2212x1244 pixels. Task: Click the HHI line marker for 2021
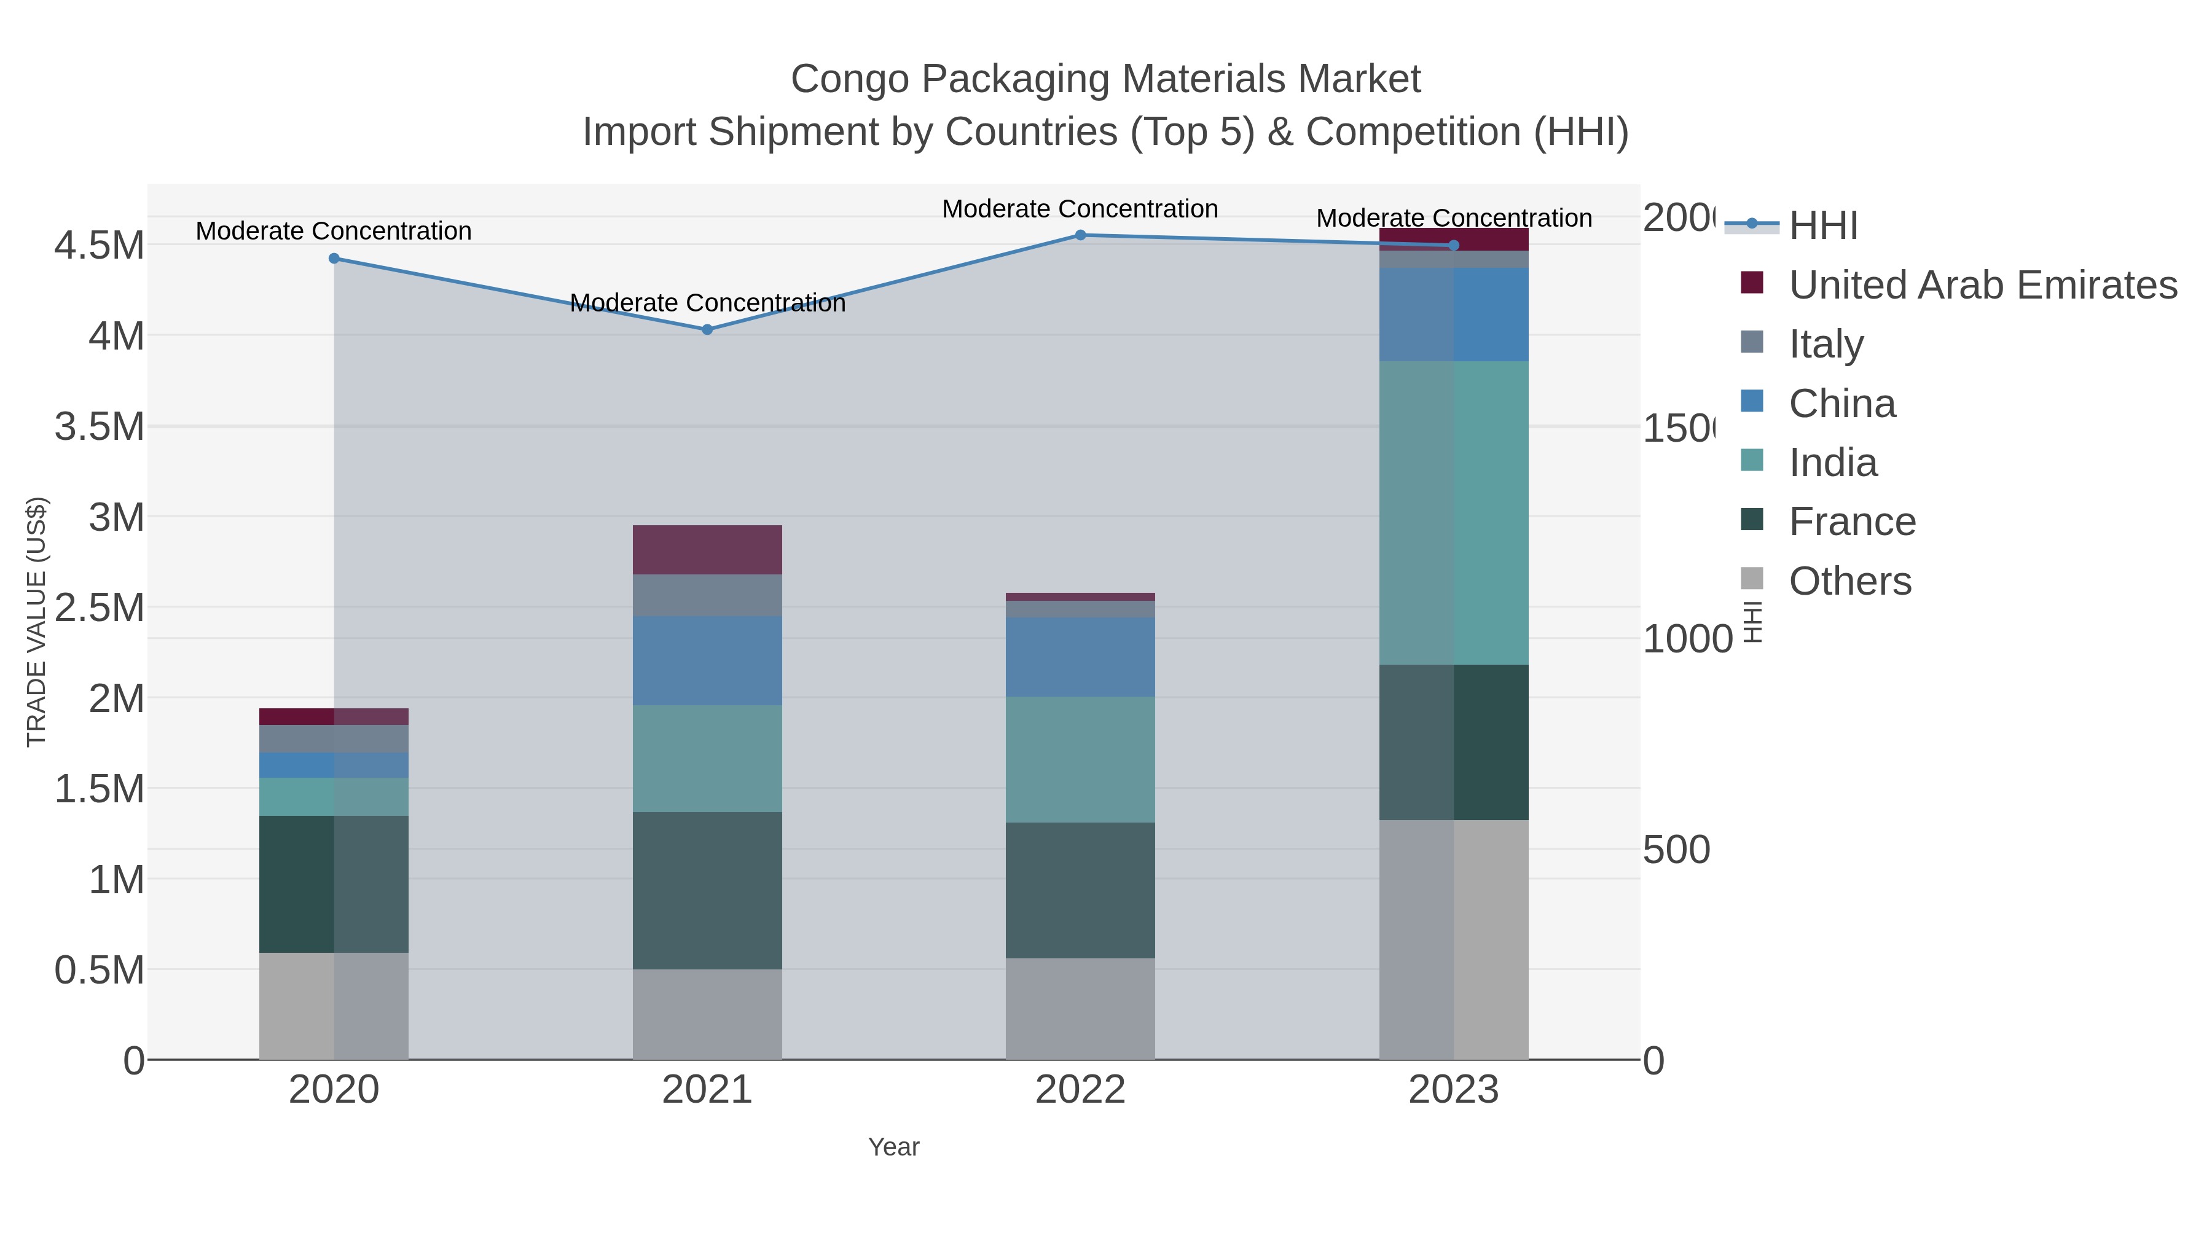pyautogui.click(x=707, y=330)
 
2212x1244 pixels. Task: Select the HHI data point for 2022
pyautogui.click(x=1080, y=235)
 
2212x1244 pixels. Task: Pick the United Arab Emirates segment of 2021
pyautogui.click(x=707, y=549)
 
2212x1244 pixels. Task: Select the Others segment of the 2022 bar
pyautogui.click(x=1080, y=1009)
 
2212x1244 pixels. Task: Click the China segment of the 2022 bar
pyautogui.click(x=1080, y=657)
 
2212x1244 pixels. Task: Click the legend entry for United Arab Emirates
pyautogui.click(x=1982, y=284)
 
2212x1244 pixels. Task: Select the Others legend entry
pyautogui.click(x=1849, y=581)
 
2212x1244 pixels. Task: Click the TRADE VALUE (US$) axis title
pyautogui.click(x=36, y=622)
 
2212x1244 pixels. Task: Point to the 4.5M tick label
pyautogui.click(x=99, y=246)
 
